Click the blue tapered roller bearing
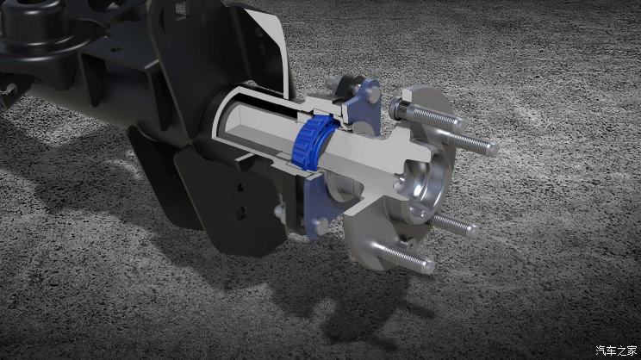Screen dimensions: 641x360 313,141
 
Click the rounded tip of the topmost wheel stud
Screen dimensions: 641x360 459,124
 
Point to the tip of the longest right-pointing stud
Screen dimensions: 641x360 493,149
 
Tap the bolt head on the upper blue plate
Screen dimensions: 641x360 372,95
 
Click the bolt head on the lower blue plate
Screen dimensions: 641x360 320,227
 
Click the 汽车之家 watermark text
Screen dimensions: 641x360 616,351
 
